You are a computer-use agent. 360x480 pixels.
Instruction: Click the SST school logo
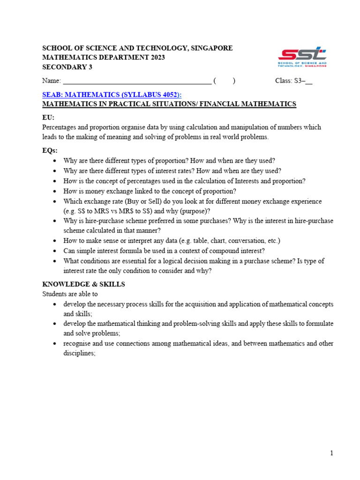[302, 57]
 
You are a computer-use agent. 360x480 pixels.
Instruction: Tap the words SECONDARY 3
[67, 67]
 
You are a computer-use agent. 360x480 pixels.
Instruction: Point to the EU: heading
[48, 117]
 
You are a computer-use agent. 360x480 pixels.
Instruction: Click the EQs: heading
[50, 150]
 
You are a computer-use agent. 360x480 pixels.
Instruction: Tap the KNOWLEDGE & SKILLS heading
[83, 285]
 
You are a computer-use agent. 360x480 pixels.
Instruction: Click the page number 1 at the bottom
[331, 453]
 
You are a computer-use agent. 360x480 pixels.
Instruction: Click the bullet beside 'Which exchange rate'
[56, 202]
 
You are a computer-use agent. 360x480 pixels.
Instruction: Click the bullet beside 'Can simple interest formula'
[56, 251]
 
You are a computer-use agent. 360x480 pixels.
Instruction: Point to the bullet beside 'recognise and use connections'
[56, 344]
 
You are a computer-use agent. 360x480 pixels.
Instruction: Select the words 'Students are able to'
[70, 294]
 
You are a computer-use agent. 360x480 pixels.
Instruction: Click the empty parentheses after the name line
[224, 81]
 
